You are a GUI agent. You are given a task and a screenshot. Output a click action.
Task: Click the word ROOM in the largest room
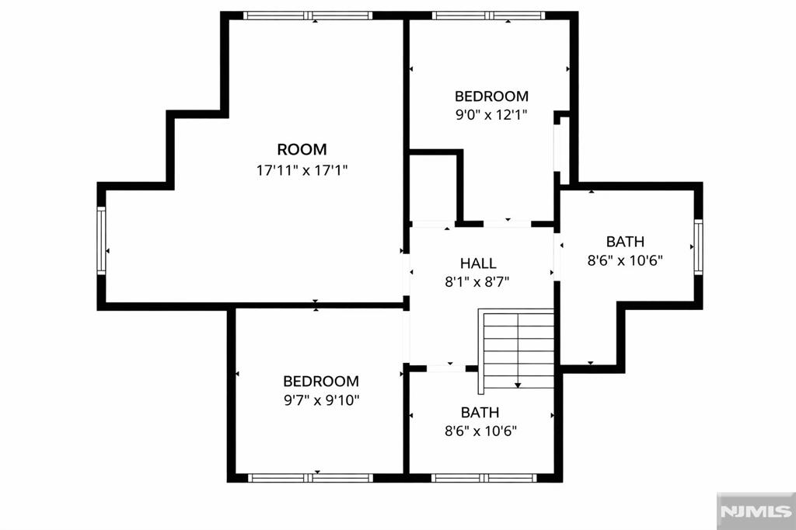coord(302,149)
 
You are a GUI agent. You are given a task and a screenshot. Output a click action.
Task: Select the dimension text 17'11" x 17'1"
coord(302,170)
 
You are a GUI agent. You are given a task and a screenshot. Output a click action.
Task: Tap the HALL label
coord(477,263)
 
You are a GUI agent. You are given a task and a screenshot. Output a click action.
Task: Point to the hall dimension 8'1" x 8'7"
coord(477,283)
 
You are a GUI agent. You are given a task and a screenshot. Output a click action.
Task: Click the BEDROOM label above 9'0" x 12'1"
coord(491,96)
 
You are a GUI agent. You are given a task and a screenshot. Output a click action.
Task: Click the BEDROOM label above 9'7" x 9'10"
coord(321,381)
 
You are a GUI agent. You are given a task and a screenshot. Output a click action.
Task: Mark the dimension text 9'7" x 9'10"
coord(321,400)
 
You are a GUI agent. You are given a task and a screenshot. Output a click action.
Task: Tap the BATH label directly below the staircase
coord(480,412)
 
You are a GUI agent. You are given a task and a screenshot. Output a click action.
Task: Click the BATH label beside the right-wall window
coord(625,242)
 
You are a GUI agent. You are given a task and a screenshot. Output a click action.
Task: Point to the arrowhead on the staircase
coord(518,384)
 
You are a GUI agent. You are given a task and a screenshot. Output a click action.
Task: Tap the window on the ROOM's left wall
coord(101,240)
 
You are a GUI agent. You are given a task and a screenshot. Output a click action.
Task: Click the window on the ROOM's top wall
coord(307,16)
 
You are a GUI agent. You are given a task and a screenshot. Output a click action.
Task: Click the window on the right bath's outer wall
coord(698,247)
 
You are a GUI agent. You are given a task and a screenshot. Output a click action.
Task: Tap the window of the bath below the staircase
coord(482,477)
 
